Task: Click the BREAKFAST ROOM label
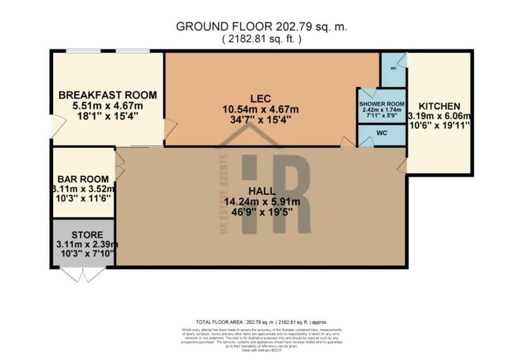click(x=108, y=95)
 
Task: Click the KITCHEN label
click(x=439, y=106)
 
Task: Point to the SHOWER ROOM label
click(x=382, y=104)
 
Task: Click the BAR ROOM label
click(x=83, y=179)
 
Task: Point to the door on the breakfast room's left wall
click(x=56, y=126)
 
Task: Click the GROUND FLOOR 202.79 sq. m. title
click(x=261, y=27)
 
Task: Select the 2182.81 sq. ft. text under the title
click(x=261, y=40)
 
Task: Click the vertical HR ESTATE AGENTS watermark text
click(x=224, y=194)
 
